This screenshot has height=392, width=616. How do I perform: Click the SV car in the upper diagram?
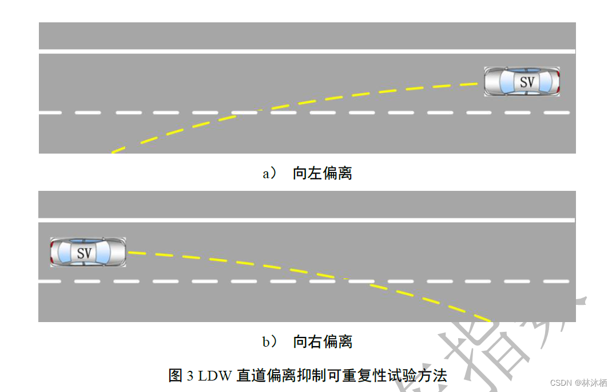point(522,81)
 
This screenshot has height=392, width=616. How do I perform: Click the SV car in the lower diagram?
point(88,252)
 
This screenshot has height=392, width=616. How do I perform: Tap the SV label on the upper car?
point(527,82)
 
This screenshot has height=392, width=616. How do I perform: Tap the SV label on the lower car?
point(84,253)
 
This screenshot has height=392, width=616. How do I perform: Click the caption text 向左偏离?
point(322,173)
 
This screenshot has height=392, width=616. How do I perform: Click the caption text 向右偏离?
point(322,342)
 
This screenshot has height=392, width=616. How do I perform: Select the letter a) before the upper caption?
point(269,174)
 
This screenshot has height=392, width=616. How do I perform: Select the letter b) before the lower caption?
point(270,343)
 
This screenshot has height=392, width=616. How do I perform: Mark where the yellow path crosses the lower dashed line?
point(345,280)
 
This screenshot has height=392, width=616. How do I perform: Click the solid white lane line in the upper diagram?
point(307,52)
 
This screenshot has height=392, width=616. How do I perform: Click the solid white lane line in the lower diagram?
point(307,220)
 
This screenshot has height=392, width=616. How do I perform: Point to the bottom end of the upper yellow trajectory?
point(113,152)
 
